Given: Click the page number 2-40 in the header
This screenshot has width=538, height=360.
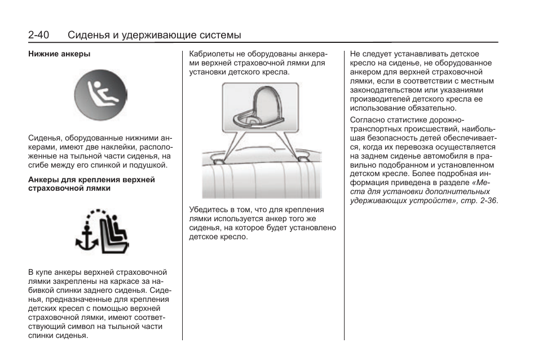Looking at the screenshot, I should click(x=38, y=35).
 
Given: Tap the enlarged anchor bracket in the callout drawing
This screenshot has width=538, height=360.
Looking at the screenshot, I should click(x=257, y=110).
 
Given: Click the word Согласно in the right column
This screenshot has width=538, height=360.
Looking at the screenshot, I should click(x=366, y=120).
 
